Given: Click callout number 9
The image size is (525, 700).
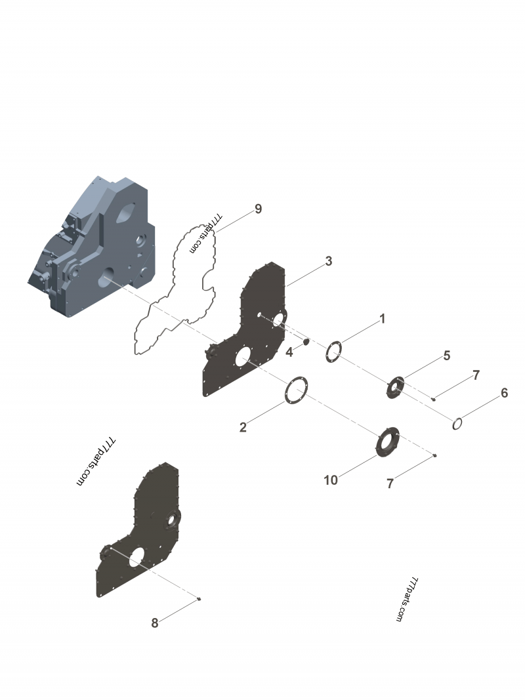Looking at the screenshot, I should pos(258,209).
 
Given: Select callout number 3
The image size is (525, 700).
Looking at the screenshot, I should pos(329,261).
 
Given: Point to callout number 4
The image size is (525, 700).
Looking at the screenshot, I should pos(289,352).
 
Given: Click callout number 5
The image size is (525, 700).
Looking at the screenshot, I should pos(446,356).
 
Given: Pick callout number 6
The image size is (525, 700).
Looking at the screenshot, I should pos(504,393).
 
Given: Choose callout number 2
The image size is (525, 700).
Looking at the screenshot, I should pos(243,428).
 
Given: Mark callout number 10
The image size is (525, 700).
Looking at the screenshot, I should pos(331,480).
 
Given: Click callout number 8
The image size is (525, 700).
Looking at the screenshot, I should pos(155,623).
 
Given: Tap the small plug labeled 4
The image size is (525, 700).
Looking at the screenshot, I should pos(306,342).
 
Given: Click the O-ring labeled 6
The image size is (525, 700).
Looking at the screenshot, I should pos(459,424).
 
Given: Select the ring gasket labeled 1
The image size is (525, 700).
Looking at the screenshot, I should pos(333,352).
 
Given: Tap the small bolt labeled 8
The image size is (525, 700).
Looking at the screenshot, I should pos(199,598).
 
